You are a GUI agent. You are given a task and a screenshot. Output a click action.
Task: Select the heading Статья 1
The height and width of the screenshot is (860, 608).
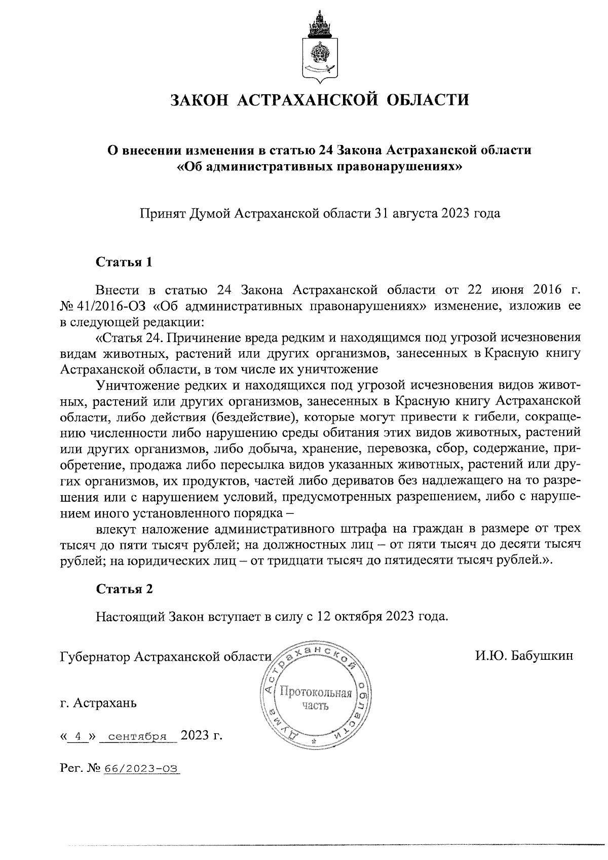[x=124, y=263]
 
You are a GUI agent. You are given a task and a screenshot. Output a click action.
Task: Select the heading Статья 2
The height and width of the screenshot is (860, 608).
[x=124, y=589]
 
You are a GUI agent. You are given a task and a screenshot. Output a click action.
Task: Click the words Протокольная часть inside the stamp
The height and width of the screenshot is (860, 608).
[x=316, y=699]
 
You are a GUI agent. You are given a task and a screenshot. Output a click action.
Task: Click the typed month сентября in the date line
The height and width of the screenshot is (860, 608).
[x=138, y=736]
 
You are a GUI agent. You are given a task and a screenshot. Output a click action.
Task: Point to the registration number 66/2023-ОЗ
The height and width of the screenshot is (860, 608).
[x=141, y=769]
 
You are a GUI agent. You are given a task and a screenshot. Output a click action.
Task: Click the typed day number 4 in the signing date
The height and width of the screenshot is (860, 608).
[x=78, y=736]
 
